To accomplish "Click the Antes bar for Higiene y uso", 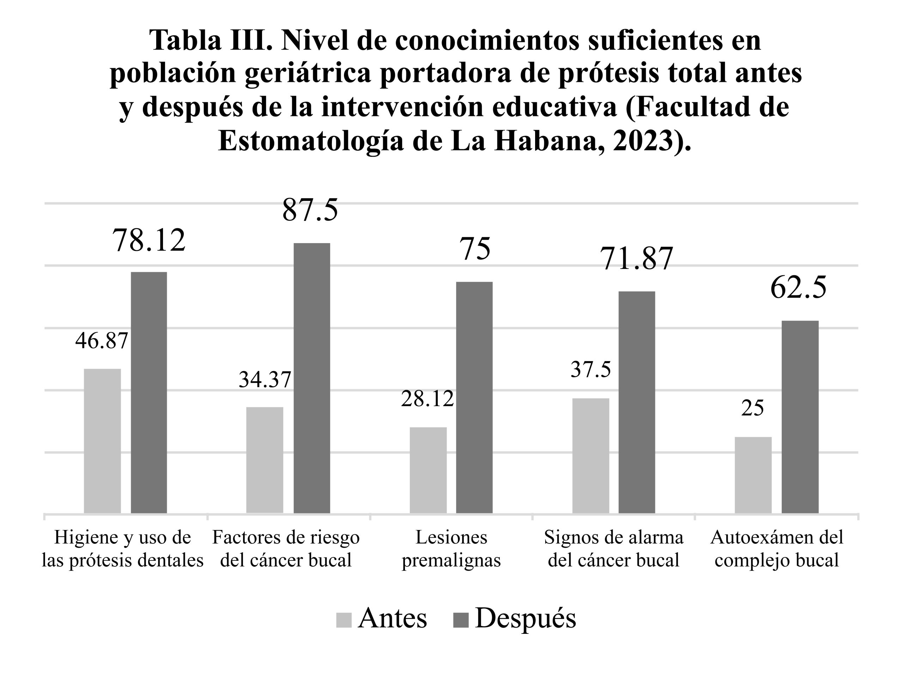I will [102, 441].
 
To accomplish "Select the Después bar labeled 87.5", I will [311, 378].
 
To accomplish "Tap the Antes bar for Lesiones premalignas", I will [428, 470].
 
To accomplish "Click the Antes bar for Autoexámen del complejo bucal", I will [753, 475].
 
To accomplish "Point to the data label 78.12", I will [149, 241].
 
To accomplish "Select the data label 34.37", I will [265, 379].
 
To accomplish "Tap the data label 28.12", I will [427, 399].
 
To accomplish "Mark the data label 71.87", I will [637, 259].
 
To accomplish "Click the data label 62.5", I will [798, 288].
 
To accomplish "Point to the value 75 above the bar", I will [475, 249].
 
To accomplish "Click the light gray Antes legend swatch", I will [344, 620].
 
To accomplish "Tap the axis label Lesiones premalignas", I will [451, 549].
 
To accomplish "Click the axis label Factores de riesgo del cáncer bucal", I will [286, 549].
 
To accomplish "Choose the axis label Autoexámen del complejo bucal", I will [777, 549].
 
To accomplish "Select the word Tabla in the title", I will [186, 41].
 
